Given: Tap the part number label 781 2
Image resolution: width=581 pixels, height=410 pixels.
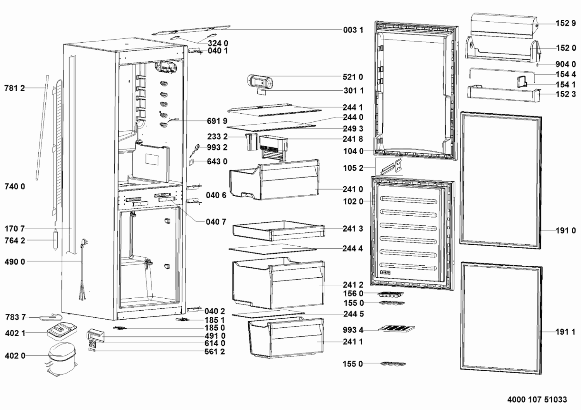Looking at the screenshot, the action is [15, 88].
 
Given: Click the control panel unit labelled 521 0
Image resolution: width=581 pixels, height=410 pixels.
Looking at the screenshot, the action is [260, 81].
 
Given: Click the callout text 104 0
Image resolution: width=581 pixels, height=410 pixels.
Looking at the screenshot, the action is [353, 151].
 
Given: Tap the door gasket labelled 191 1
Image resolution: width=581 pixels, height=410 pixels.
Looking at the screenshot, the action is [501, 318].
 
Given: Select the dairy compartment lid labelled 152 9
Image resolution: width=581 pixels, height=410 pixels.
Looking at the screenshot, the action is [504, 26].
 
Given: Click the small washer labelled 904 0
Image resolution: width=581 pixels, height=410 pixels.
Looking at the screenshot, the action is [538, 65].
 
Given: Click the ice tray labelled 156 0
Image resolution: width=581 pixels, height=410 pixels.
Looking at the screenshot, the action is [390, 294].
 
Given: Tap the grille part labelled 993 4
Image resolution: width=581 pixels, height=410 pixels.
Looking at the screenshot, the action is [396, 329].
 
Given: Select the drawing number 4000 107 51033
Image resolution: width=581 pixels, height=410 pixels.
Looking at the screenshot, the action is [537, 400].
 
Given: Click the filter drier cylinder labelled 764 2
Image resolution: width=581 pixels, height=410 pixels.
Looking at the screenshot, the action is [55, 239].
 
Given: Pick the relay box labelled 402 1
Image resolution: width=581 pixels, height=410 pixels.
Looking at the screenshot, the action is [62, 331].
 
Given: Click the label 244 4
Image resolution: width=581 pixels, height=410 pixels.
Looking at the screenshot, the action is [353, 248].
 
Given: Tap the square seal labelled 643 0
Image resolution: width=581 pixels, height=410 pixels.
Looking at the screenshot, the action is [191, 163].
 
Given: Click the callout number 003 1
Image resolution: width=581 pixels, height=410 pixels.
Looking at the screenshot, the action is [353, 30].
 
